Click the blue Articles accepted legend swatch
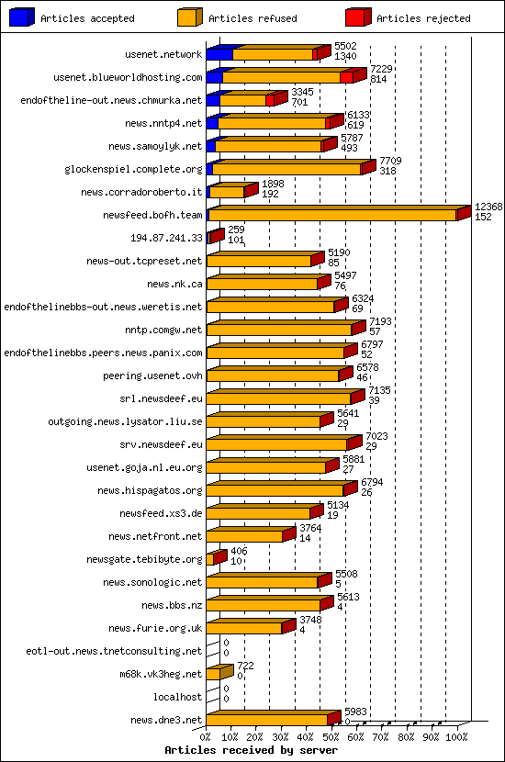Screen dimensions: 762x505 (22, 17)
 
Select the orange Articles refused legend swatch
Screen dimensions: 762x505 (189, 17)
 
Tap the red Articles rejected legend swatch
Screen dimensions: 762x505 (358, 17)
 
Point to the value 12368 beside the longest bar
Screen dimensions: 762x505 (488, 207)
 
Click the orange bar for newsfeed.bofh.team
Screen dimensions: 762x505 (332, 215)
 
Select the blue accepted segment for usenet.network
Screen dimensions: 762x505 (219, 54)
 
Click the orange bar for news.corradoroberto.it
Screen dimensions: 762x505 (227, 192)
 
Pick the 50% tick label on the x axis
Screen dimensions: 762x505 (331, 736)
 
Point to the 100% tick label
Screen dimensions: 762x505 (456, 736)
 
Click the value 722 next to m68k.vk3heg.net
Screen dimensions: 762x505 (245, 666)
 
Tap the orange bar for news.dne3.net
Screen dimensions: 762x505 (266, 720)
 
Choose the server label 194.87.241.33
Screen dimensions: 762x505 (166, 238)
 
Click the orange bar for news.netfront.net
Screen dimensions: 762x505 (244, 536)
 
